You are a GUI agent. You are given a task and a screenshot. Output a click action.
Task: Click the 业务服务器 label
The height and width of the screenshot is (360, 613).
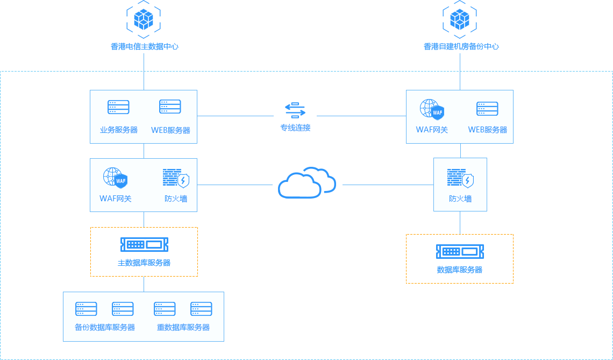click(x=119, y=130)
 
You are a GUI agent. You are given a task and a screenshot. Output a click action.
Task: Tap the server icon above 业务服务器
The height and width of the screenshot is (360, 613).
click(x=118, y=107)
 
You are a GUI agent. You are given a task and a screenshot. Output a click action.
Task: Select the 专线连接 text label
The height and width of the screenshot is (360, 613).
click(x=295, y=128)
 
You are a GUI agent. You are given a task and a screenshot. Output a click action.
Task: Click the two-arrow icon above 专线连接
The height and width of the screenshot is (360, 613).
click(x=295, y=110)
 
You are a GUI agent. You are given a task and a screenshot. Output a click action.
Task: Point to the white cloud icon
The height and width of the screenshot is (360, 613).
click(x=307, y=183)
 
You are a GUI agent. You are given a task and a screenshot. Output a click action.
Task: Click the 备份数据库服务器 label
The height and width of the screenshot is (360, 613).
click(x=105, y=327)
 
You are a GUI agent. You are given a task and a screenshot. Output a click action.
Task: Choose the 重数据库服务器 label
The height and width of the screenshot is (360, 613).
click(x=183, y=327)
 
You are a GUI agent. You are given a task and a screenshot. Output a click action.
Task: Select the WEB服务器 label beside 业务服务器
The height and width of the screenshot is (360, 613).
click(x=170, y=130)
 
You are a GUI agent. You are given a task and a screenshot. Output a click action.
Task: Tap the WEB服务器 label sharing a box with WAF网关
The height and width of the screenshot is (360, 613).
click(x=488, y=130)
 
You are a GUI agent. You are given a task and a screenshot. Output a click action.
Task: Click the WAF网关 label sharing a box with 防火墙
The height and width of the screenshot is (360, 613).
click(x=116, y=199)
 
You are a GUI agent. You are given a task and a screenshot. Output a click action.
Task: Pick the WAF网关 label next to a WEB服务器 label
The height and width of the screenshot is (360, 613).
click(x=432, y=130)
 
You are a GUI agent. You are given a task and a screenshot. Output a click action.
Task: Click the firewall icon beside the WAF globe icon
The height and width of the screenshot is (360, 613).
click(x=176, y=178)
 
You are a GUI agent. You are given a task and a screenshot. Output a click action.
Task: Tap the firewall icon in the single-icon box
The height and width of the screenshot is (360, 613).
click(x=460, y=178)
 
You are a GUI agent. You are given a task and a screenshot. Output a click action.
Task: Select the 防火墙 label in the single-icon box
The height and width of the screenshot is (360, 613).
click(x=460, y=199)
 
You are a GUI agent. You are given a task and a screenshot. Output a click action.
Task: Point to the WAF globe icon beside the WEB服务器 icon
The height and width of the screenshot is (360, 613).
click(x=432, y=109)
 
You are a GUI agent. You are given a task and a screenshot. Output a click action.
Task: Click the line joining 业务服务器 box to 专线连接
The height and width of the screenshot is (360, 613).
click(x=235, y=115)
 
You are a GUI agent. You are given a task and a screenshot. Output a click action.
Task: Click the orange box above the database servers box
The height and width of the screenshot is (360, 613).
click(x=144, y=251)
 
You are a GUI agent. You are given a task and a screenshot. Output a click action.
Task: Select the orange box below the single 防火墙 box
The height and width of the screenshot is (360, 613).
click(x=459, y=258)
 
